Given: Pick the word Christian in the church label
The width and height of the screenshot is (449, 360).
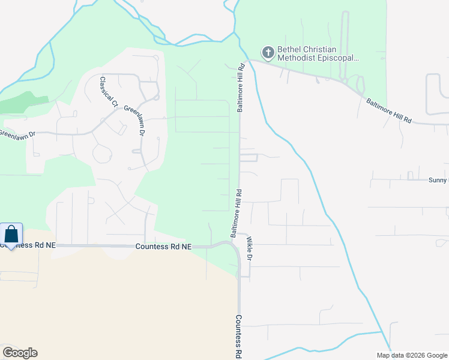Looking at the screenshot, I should click(324, 49).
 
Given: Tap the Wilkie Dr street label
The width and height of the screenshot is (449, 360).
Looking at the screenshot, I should click(250, 248).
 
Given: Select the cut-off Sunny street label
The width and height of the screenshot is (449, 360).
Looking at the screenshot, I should click(438, 180).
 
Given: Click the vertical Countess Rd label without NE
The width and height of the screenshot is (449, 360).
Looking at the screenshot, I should click(238, 337).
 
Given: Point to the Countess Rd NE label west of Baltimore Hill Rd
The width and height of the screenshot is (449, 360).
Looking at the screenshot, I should click(163, 247).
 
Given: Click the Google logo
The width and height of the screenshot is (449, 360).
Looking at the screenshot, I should click(20, 353).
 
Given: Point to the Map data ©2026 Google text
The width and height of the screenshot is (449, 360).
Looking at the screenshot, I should click(411, 355).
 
